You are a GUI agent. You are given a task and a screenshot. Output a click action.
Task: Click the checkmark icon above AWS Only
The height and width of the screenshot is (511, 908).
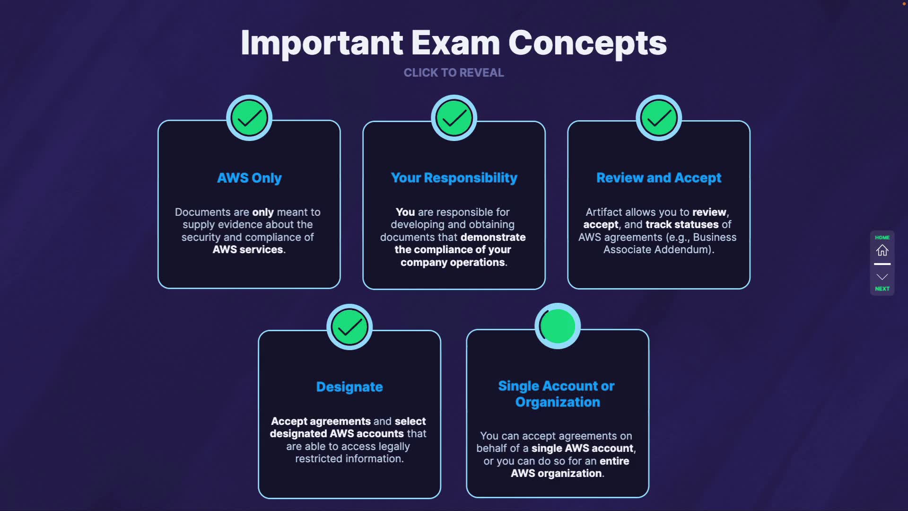click(249, 118)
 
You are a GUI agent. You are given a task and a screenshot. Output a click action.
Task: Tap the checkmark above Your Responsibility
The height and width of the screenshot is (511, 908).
click(454, 118)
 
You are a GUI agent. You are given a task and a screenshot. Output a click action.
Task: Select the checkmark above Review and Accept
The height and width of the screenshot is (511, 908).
click(659, 118)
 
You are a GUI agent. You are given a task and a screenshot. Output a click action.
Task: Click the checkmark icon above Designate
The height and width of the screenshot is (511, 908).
click(349, 327)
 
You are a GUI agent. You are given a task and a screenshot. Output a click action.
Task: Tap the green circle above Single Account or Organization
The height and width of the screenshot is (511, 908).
click(558, 326)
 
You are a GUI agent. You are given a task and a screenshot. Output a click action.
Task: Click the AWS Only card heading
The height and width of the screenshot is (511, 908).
click(249, 178)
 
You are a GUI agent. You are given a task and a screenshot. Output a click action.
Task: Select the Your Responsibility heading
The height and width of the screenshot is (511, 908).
click(454, 178)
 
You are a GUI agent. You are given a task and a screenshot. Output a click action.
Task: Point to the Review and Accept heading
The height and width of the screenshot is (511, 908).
click(659, 178)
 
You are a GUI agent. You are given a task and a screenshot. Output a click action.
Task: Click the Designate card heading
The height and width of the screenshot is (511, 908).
click(349, 387)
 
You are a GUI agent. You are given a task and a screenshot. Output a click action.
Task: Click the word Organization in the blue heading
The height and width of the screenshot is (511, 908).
click(558, 402)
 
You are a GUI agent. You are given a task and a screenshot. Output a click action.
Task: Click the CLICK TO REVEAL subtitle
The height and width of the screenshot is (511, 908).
click(454, 73)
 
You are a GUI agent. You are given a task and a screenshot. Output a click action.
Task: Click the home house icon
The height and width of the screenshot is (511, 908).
click(882, 250)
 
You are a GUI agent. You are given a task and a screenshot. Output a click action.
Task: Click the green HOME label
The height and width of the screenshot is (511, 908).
click(882, 238)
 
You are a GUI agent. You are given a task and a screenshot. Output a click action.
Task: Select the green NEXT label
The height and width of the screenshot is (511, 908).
click(882, 289)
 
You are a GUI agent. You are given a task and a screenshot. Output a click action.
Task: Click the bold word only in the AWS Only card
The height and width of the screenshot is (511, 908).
click(263, 212)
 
